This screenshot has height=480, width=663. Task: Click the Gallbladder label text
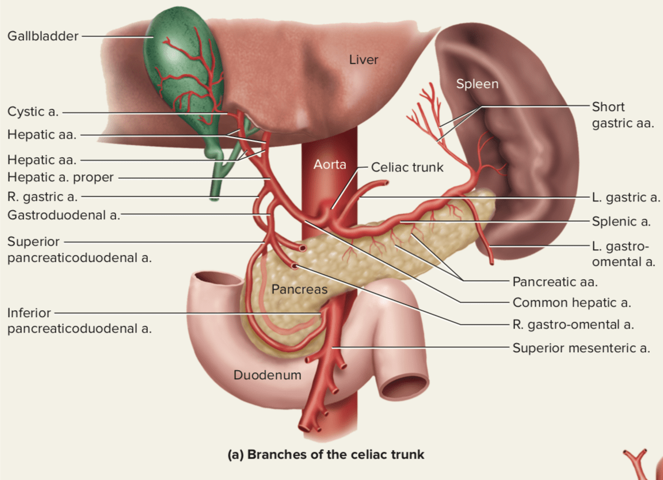point(43,36)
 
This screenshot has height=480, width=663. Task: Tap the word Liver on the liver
point(364,59)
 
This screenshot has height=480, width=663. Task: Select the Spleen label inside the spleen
point(477,84)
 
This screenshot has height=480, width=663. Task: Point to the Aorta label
point(330,165)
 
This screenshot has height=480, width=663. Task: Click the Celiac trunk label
point(407,167)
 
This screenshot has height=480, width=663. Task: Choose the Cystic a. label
point(33,112)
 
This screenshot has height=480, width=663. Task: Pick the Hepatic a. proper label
point(60,177)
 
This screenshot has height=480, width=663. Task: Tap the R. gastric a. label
point(42,197)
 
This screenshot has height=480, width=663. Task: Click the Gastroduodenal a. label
point(63,215)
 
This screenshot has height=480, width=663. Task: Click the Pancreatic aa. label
point(555,282)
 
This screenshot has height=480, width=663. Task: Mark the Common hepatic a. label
point(571,302)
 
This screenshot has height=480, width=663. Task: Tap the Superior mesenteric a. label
point(581,348)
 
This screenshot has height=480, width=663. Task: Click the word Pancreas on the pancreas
point(299,289)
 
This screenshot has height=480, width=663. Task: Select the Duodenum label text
point(267,375)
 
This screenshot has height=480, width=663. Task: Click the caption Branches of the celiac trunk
point(326,455)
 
